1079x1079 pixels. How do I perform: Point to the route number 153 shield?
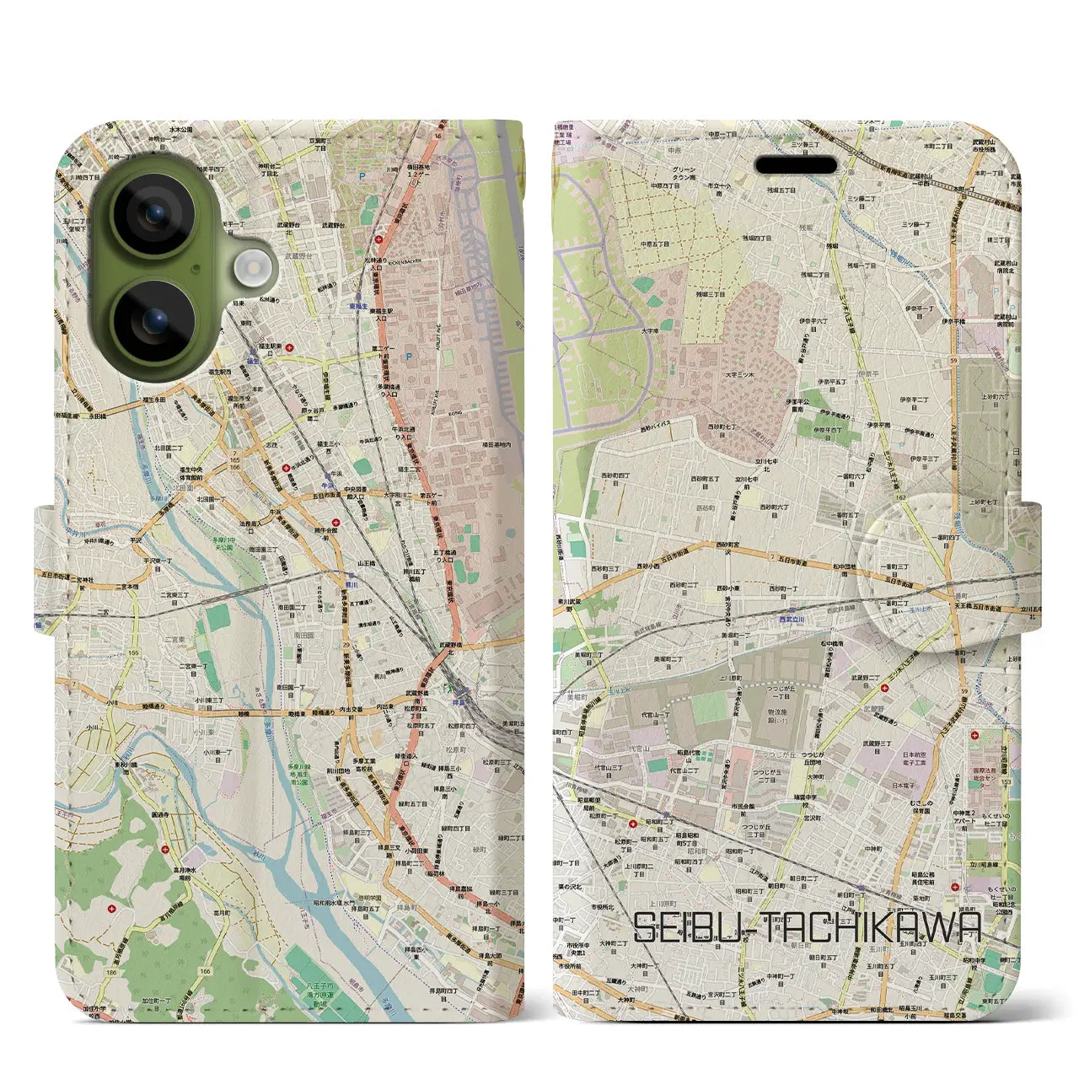(1006, 782)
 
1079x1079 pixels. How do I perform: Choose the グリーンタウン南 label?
(684, 174)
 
